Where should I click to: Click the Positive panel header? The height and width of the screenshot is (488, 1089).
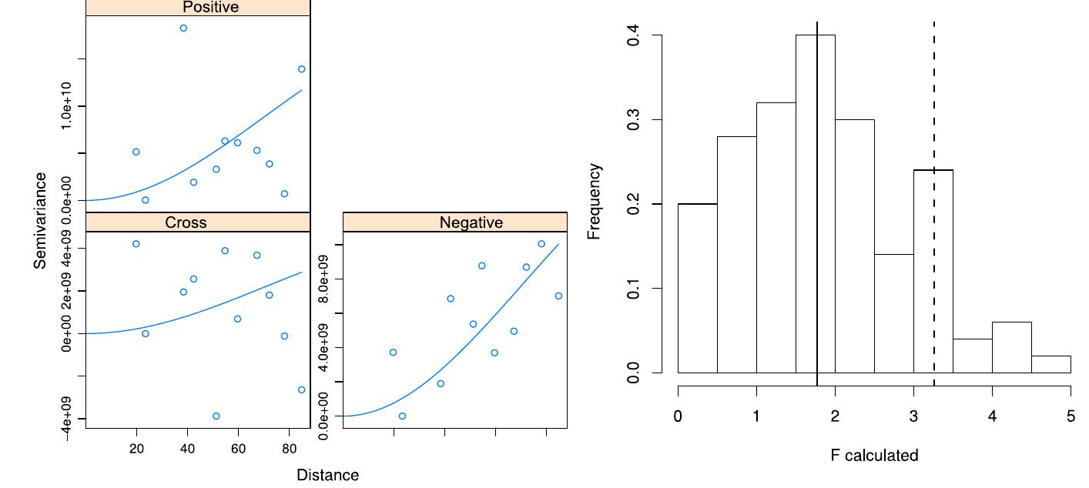198,8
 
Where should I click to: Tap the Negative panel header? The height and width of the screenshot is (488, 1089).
455,222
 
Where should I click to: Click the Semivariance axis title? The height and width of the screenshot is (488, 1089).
40,220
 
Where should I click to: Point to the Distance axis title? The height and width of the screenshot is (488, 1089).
327,475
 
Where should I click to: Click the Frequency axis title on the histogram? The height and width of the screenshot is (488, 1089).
594,202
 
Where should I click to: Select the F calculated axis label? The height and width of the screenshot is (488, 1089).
874,456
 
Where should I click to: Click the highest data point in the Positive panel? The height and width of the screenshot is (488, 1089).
183,28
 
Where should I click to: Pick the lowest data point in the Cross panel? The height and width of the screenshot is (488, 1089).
216,416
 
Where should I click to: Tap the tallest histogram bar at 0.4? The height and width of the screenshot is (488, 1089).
815,204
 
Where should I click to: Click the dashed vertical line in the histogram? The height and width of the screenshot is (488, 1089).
934,115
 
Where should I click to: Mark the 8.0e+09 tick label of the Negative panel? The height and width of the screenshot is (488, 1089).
324,279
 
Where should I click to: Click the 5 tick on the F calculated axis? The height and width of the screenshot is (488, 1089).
1071,416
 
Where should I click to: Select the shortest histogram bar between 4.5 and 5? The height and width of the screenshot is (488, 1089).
1050,365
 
